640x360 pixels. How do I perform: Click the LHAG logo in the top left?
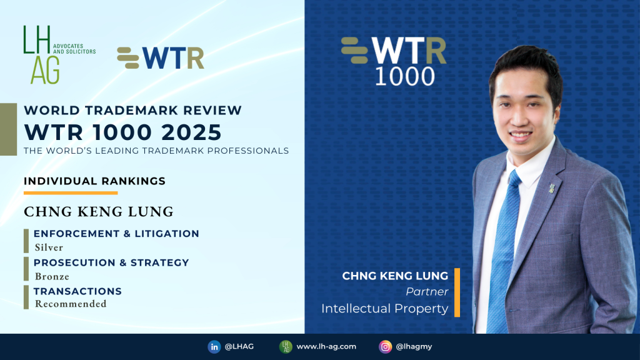(59, 55)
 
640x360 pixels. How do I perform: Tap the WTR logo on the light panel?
(161, 58)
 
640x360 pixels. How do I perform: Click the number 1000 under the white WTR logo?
(405, 76)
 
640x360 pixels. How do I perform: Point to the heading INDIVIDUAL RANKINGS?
(95, 181)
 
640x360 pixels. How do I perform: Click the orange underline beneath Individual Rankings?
(71, 192)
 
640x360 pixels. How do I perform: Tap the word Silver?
(49, 247)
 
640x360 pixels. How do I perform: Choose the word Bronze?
(52, 277)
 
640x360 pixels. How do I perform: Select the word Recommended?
(71, 304)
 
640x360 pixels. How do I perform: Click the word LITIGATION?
(167, 234)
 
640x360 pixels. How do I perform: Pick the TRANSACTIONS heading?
(77, 291)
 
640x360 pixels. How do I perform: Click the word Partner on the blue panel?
(427, 292)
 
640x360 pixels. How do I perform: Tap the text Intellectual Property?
(385, 309)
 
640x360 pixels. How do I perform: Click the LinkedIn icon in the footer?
(214, 347)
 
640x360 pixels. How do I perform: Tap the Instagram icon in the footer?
(385, 347)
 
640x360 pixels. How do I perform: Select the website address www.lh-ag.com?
(326, 346)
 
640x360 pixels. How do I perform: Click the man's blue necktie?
(503, 249)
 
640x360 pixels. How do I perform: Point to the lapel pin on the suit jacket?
(552, 187)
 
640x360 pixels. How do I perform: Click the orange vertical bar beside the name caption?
(457, 292)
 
